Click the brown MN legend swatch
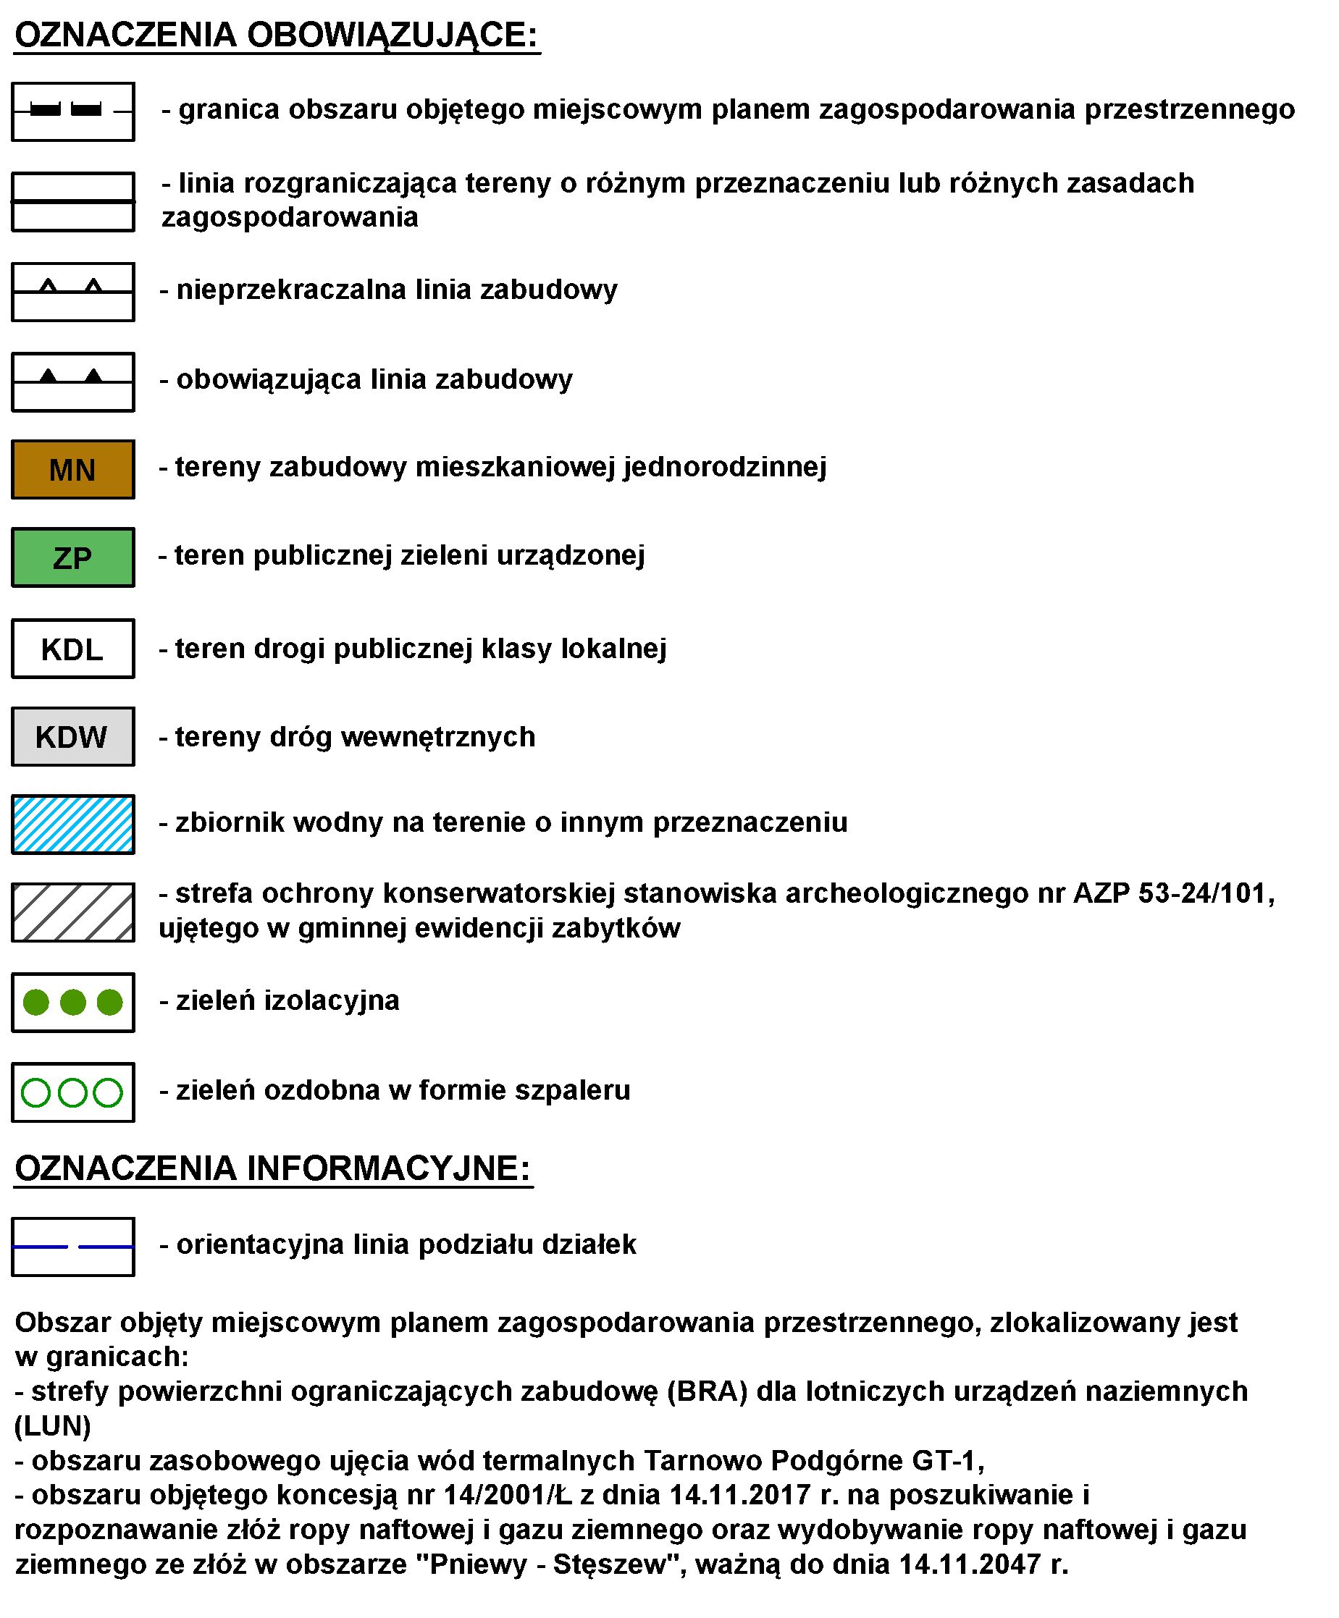tap(72, 469)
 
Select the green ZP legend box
tap(72, 557)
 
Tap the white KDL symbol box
tap(72, 649)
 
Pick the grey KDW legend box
tap(72, 736)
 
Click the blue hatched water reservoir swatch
tap(72, 825)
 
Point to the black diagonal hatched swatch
tap(72, 912)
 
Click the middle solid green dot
tap(72, 1003)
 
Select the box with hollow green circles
tap(72, 1092)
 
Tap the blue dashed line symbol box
tap(72, 1247)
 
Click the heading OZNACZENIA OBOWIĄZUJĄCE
tap(276, 35)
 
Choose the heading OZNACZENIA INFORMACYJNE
tap(273, 1168)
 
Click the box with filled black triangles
tap(72, 382)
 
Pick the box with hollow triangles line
tap(72, 291)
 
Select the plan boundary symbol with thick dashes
tap(72, 111)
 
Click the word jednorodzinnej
tap(725, 467)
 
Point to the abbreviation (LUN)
tap(52, 1425)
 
